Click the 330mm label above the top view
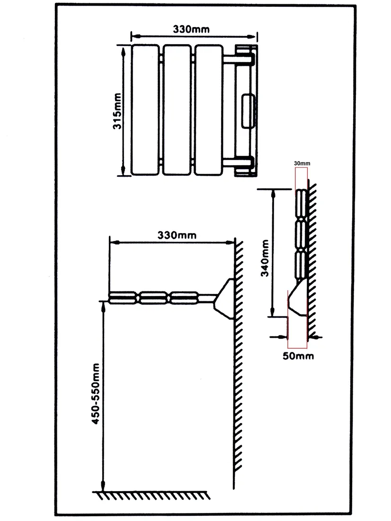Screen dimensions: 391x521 click(191, 29)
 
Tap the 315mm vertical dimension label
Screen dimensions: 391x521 click(117, 111)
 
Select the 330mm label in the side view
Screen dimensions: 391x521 click(177, 235)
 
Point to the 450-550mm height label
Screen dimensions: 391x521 click(95, 394)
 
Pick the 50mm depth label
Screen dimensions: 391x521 click(298, 356)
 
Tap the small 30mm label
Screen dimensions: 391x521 click(302, 163)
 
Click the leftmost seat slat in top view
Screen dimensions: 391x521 click(145, 110)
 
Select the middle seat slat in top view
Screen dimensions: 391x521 click(177, 110)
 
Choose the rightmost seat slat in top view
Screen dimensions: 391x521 click(209, 110)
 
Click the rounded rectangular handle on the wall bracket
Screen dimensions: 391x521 click(248, 111)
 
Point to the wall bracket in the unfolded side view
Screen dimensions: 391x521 click(224, 299)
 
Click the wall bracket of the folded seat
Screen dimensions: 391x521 click(298, 298)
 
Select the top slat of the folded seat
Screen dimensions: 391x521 click(301, 203)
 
